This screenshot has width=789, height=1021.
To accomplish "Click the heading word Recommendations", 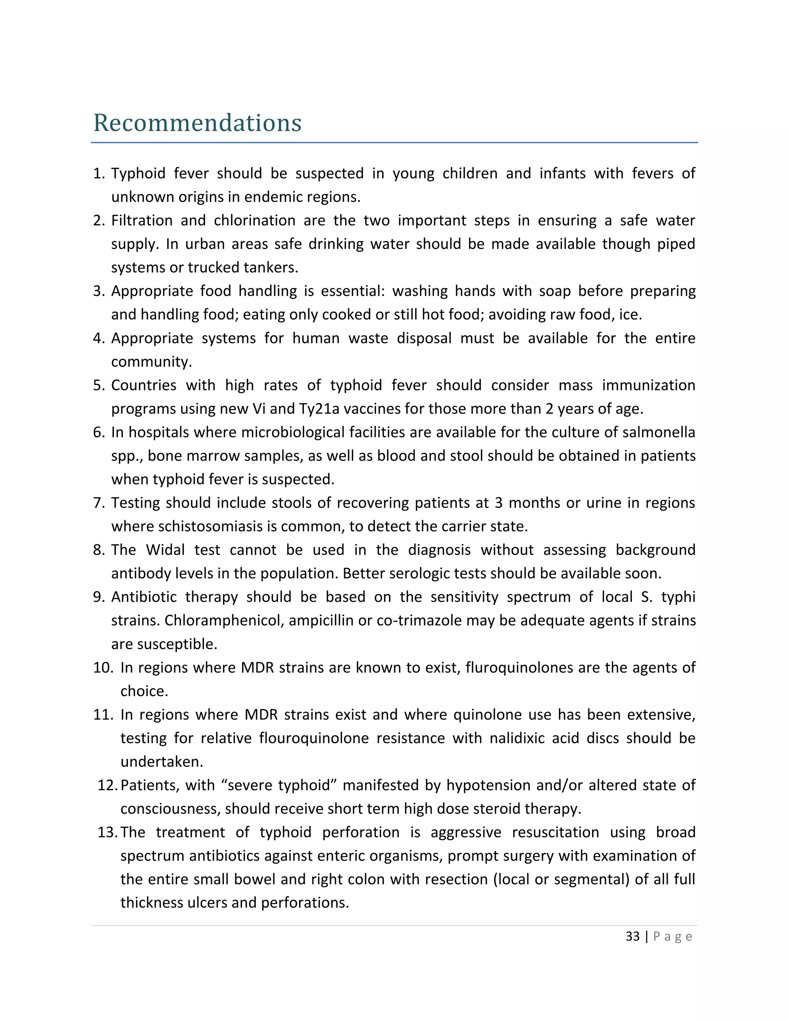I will coord(197,123).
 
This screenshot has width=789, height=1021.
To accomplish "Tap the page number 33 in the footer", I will coord(633,936).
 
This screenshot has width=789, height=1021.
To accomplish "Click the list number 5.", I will coord(99,385).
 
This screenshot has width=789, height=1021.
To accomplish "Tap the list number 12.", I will coord(107,785).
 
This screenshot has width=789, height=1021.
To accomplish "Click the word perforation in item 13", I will coord(361,832).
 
